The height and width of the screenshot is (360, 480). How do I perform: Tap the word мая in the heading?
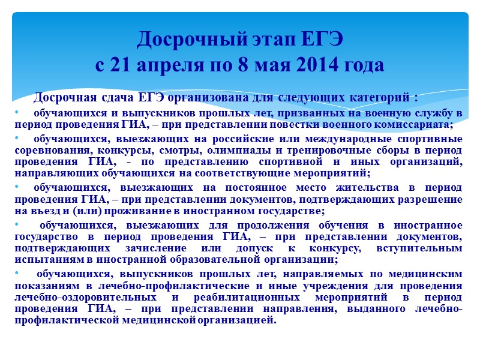click(272, 65)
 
